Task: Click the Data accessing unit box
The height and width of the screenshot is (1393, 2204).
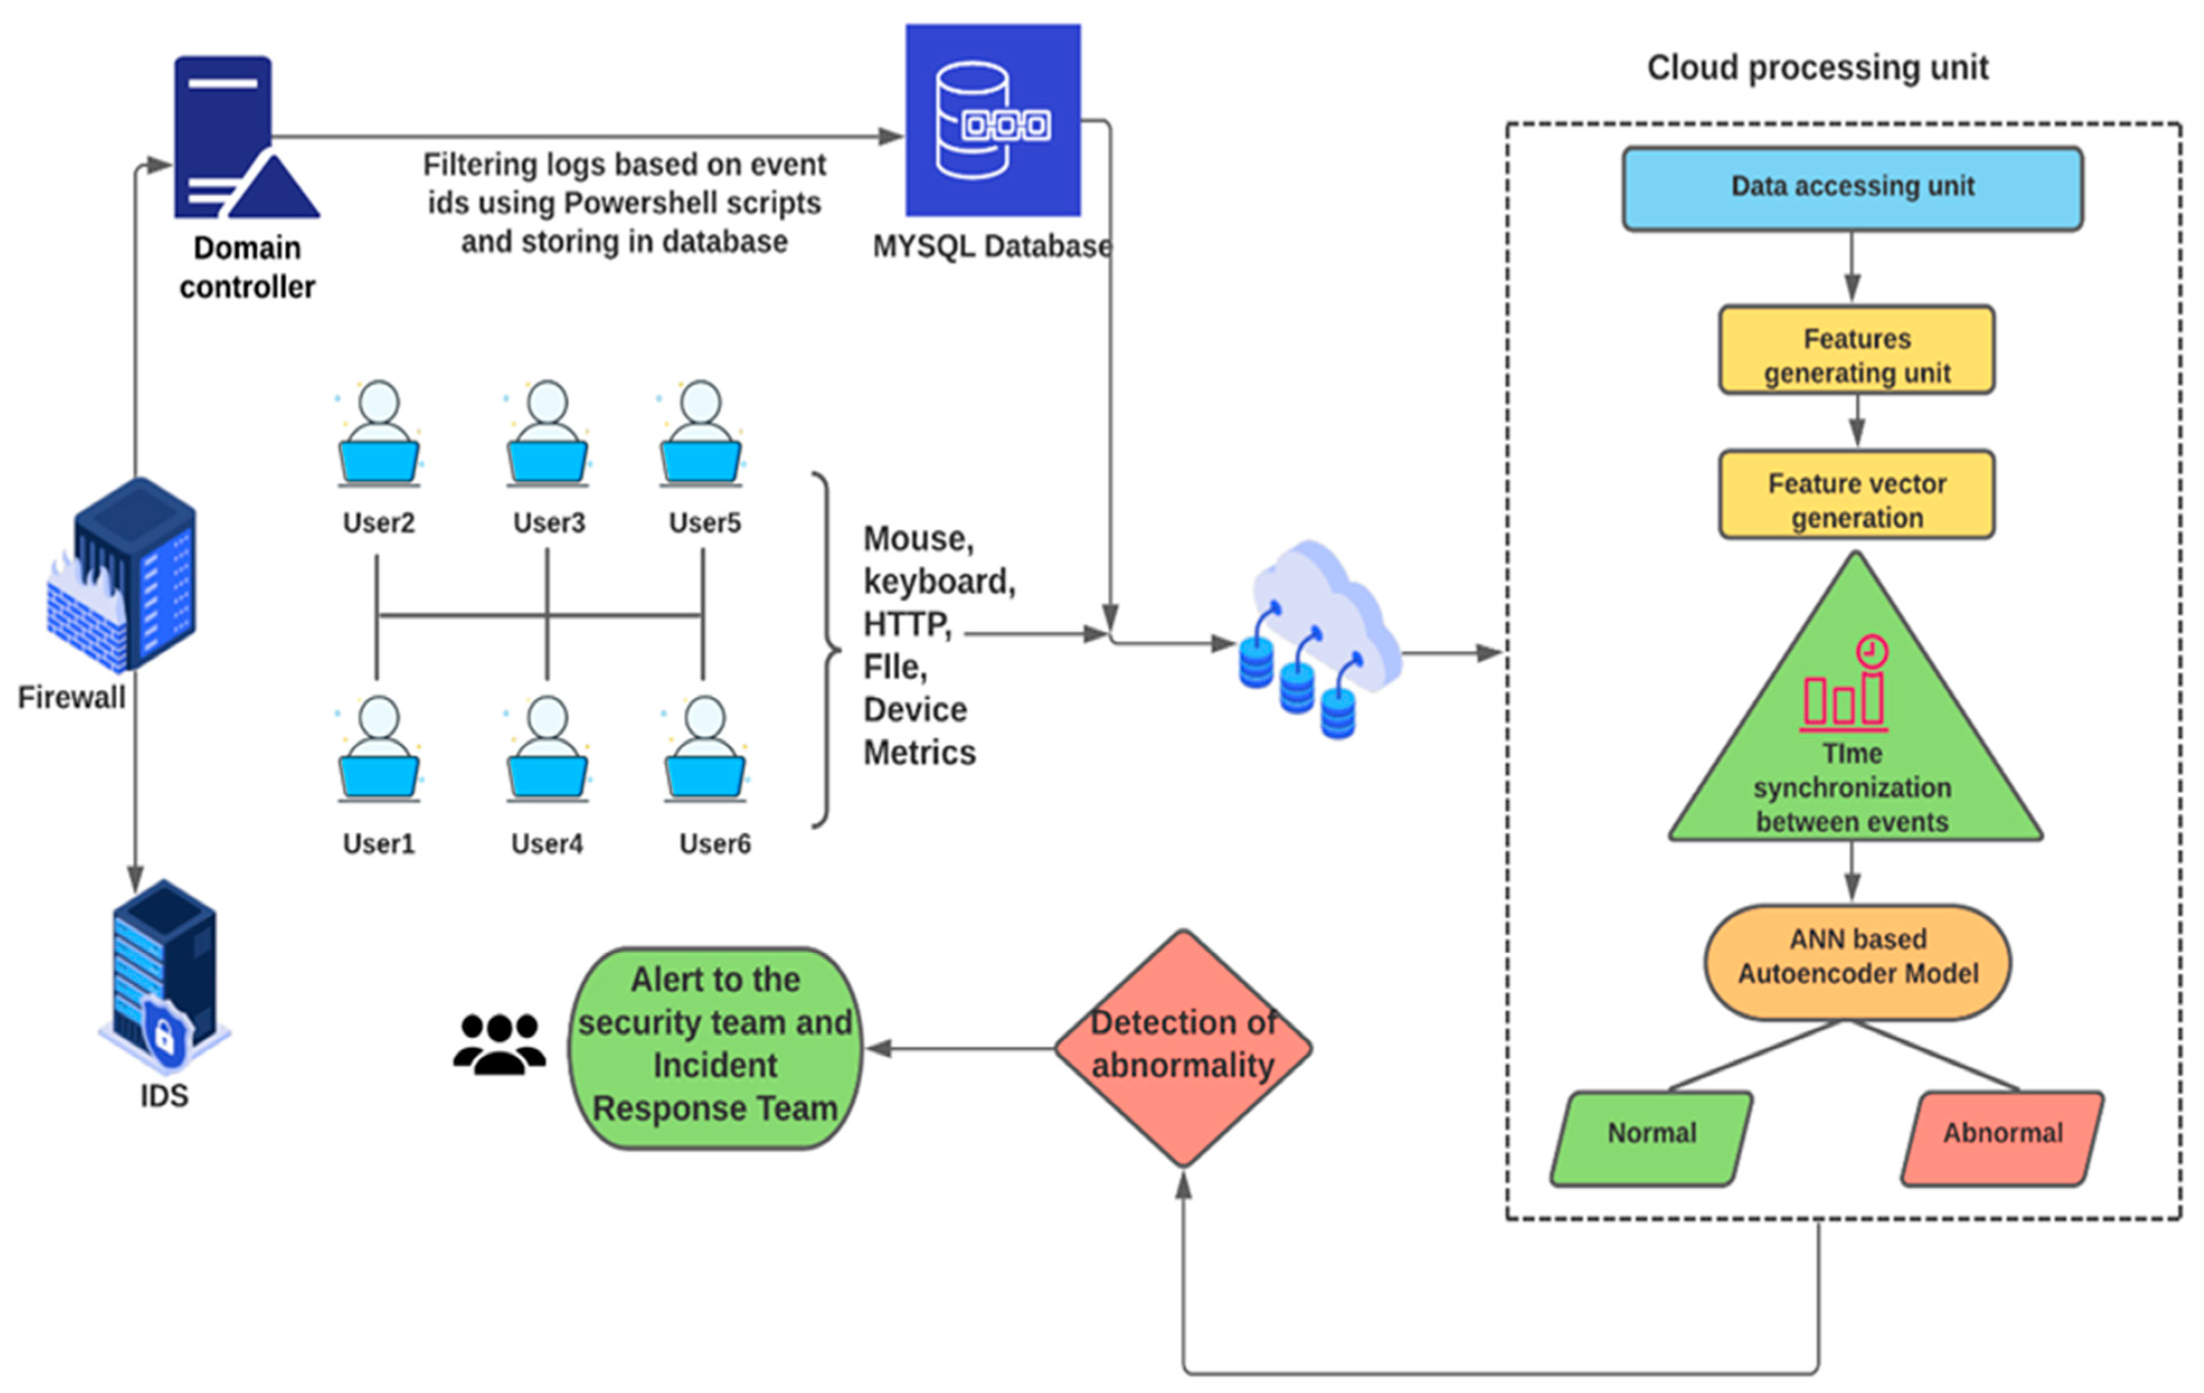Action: point(1852,188)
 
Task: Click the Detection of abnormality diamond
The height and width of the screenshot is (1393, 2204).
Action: point(1183,1048)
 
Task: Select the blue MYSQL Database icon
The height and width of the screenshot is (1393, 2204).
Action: point(993,120)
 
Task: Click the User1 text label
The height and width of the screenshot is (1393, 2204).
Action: point(378,844)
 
